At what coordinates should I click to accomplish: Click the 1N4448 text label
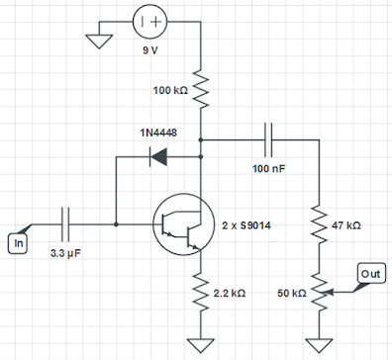pyautogui.click(x=157, y=132)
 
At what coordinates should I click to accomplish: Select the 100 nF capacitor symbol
pyautogui.click(x=268, y=139)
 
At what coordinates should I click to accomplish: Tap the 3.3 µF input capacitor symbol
pyautogui.click(x=67, y=225)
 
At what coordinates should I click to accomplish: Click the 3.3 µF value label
pyautogui.click(x=67, y=253)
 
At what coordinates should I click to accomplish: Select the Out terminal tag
pyautogui.click(x=369, y=272)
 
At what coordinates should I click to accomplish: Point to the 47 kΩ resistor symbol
pyautogui.click(x=319, y=225)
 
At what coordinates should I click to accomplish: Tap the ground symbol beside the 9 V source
pyautogui.click(x=98, y=41)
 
